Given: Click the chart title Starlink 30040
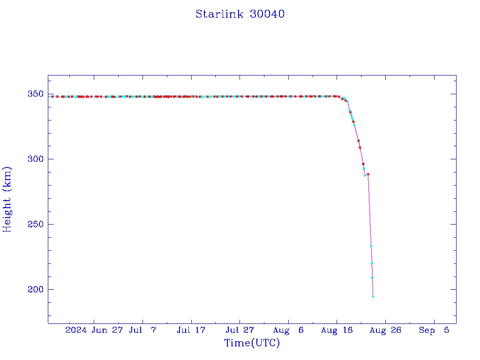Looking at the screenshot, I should [240, 14].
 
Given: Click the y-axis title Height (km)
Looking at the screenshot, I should [7, 199].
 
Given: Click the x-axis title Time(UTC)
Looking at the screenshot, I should [252, 343].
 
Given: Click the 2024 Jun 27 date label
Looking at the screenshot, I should [94, 330].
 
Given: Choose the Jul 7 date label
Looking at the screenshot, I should [142, 330].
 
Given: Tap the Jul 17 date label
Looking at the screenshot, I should [191, 330].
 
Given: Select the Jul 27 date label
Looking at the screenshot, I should [240, 330].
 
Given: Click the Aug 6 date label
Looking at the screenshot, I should [288, 330].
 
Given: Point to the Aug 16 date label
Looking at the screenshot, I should [337, 330].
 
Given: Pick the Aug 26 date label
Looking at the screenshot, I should [385, 330].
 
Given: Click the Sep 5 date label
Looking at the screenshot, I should [434, 330].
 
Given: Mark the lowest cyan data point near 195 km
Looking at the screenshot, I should [373, 297].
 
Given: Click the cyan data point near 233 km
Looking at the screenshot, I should [371, 246].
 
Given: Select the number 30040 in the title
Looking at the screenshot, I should [267, 14].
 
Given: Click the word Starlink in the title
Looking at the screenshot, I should [220, 14].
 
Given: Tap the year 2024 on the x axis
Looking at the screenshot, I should [76, 330].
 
